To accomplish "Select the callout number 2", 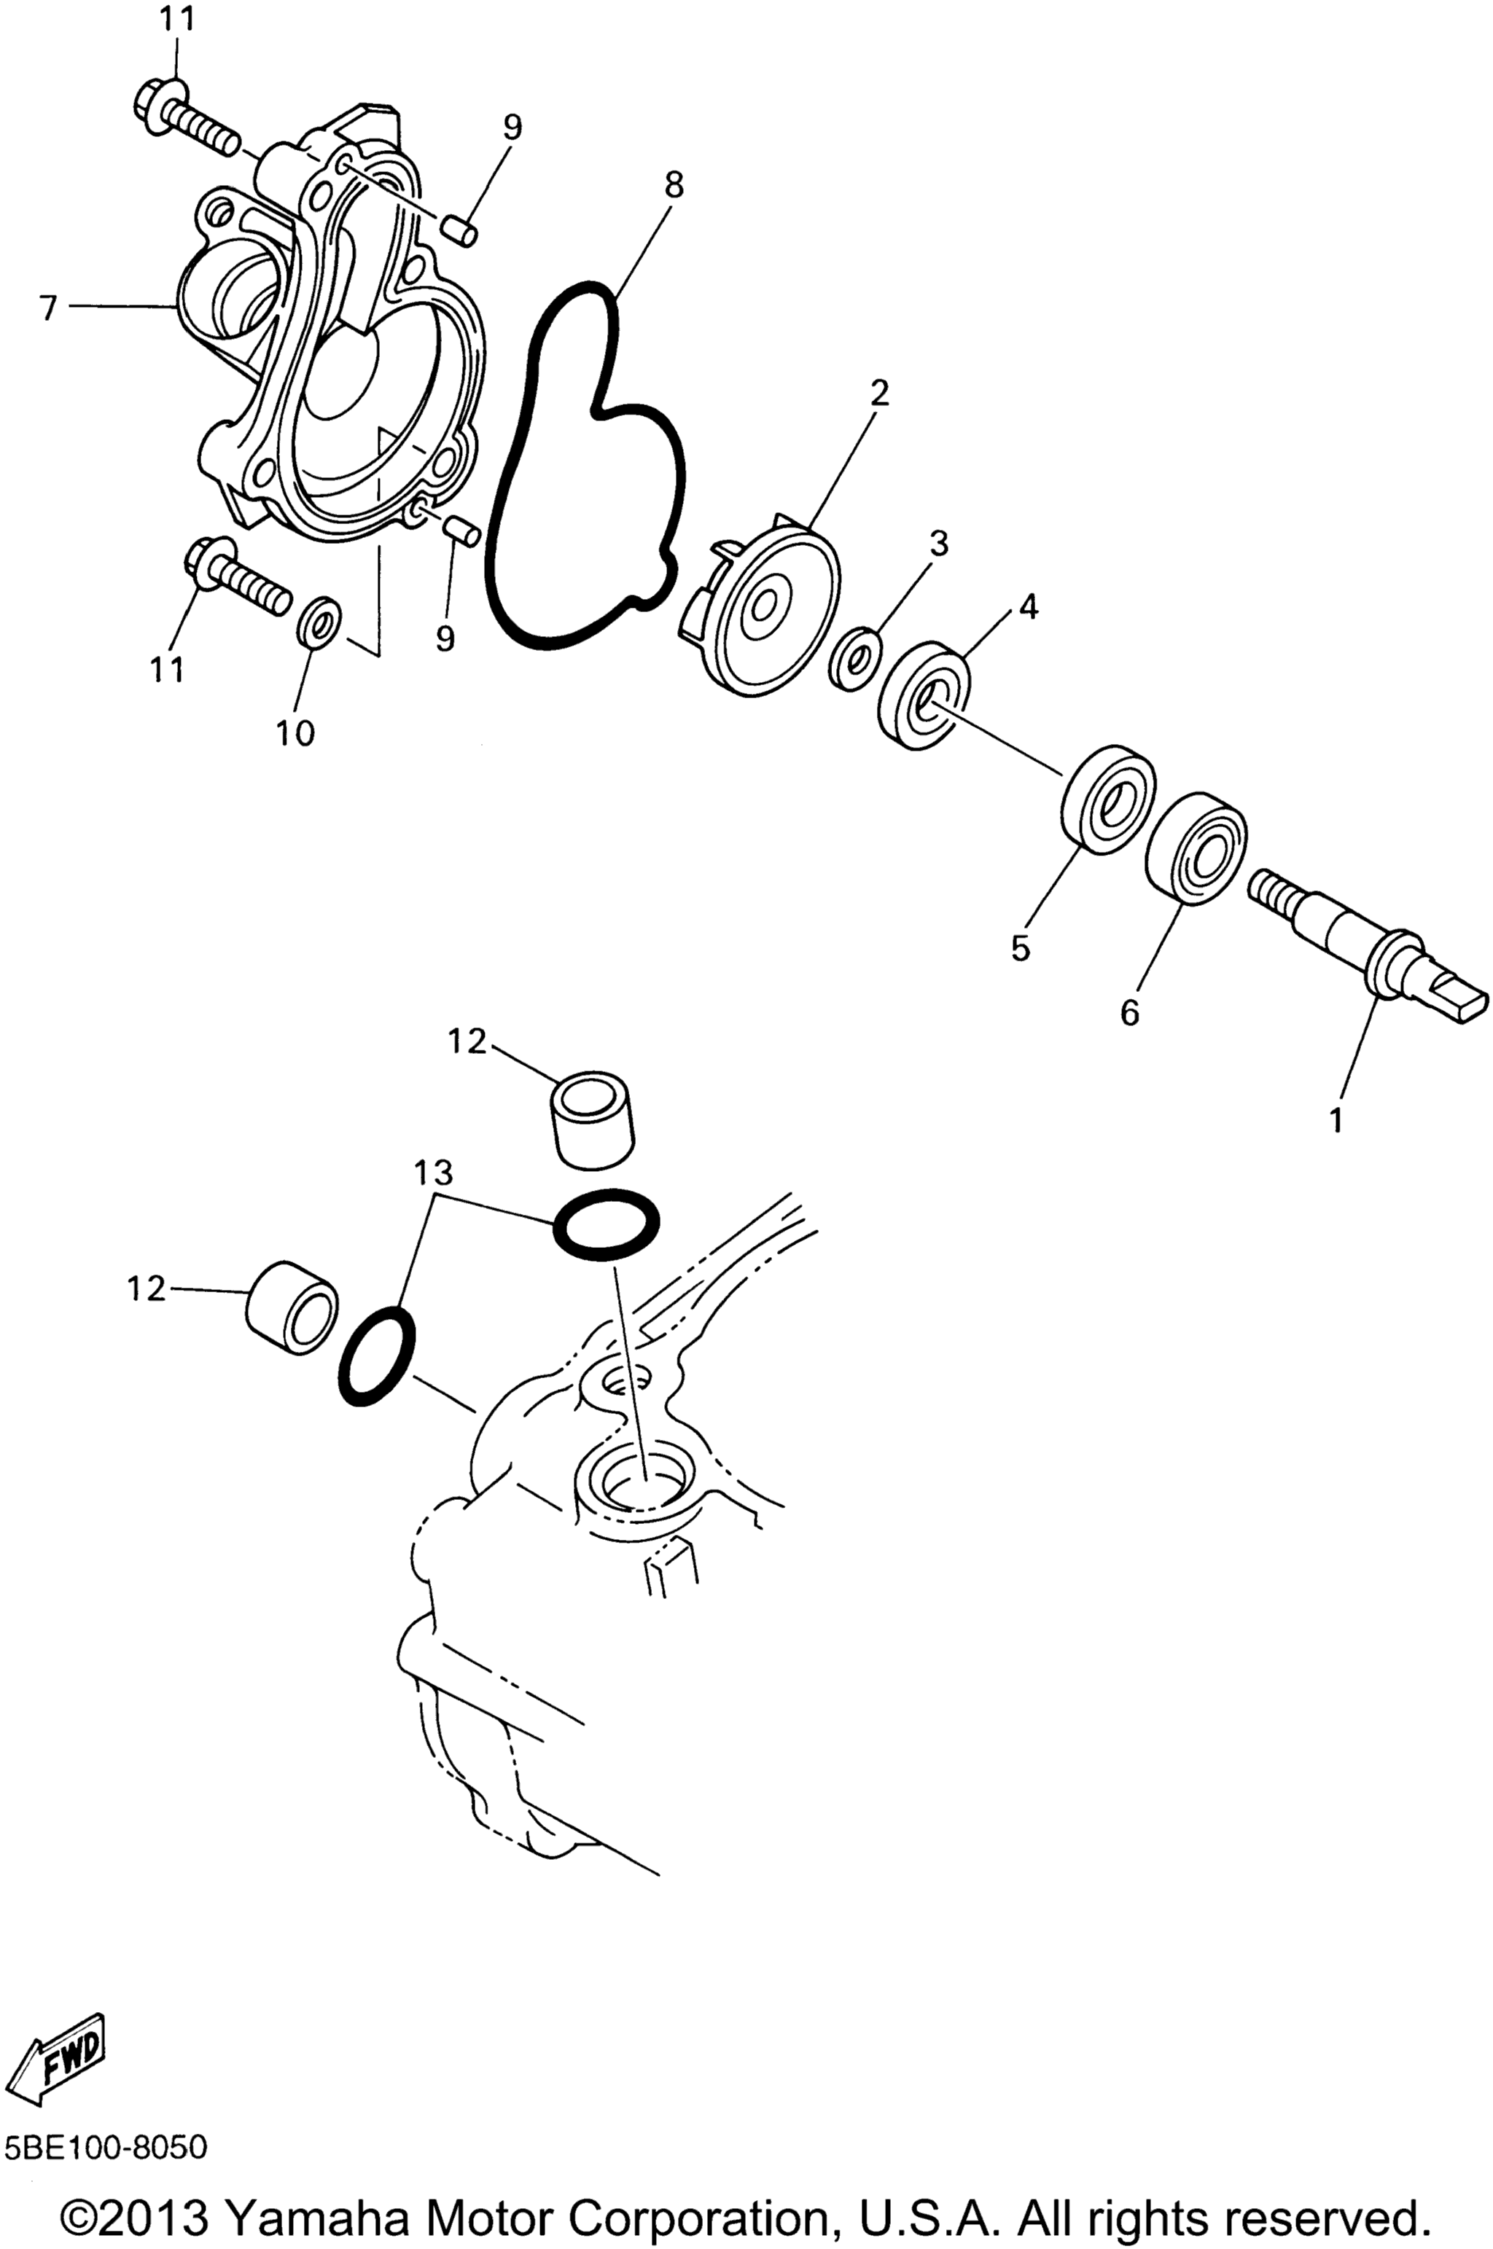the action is (879, 392).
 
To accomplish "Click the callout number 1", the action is (1337, 1119).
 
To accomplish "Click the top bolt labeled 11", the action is (189, 121).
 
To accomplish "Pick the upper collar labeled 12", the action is (592, 1120).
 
